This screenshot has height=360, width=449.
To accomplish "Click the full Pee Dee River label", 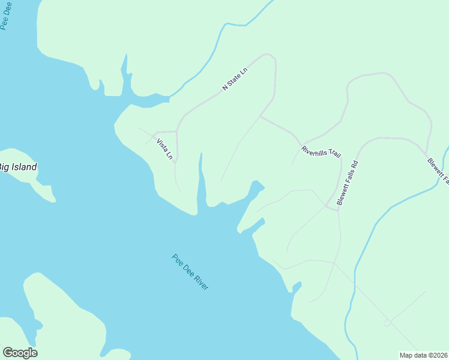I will click(190, 272).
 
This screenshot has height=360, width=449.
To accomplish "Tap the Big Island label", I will click(17, 167).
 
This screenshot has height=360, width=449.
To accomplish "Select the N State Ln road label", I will click(235, 79).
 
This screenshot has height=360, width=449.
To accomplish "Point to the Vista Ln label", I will click(164, 149).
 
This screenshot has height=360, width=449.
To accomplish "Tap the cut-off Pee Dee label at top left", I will click(5, 15).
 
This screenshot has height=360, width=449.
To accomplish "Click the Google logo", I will click(20, 353).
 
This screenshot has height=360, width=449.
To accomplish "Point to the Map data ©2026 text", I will click(423, 355).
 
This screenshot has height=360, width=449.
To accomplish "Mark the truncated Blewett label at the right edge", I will click(439, 170).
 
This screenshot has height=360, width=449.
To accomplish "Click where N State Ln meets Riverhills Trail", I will click(260, 116).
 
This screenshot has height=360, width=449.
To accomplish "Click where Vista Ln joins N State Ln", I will click(176, 131).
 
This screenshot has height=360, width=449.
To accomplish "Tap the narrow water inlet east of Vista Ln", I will click(201, 180).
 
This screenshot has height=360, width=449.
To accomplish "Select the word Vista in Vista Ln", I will click(161, 145).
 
